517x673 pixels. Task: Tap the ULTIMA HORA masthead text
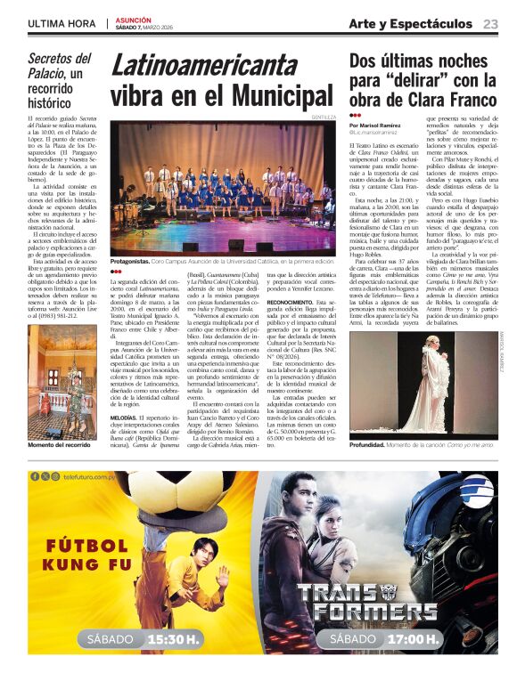[62, 23]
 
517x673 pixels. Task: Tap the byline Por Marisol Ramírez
[377, 126]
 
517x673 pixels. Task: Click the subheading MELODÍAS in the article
[123, 417]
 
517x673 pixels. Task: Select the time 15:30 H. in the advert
[173, 639]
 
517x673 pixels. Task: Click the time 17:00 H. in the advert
[413, 639]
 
